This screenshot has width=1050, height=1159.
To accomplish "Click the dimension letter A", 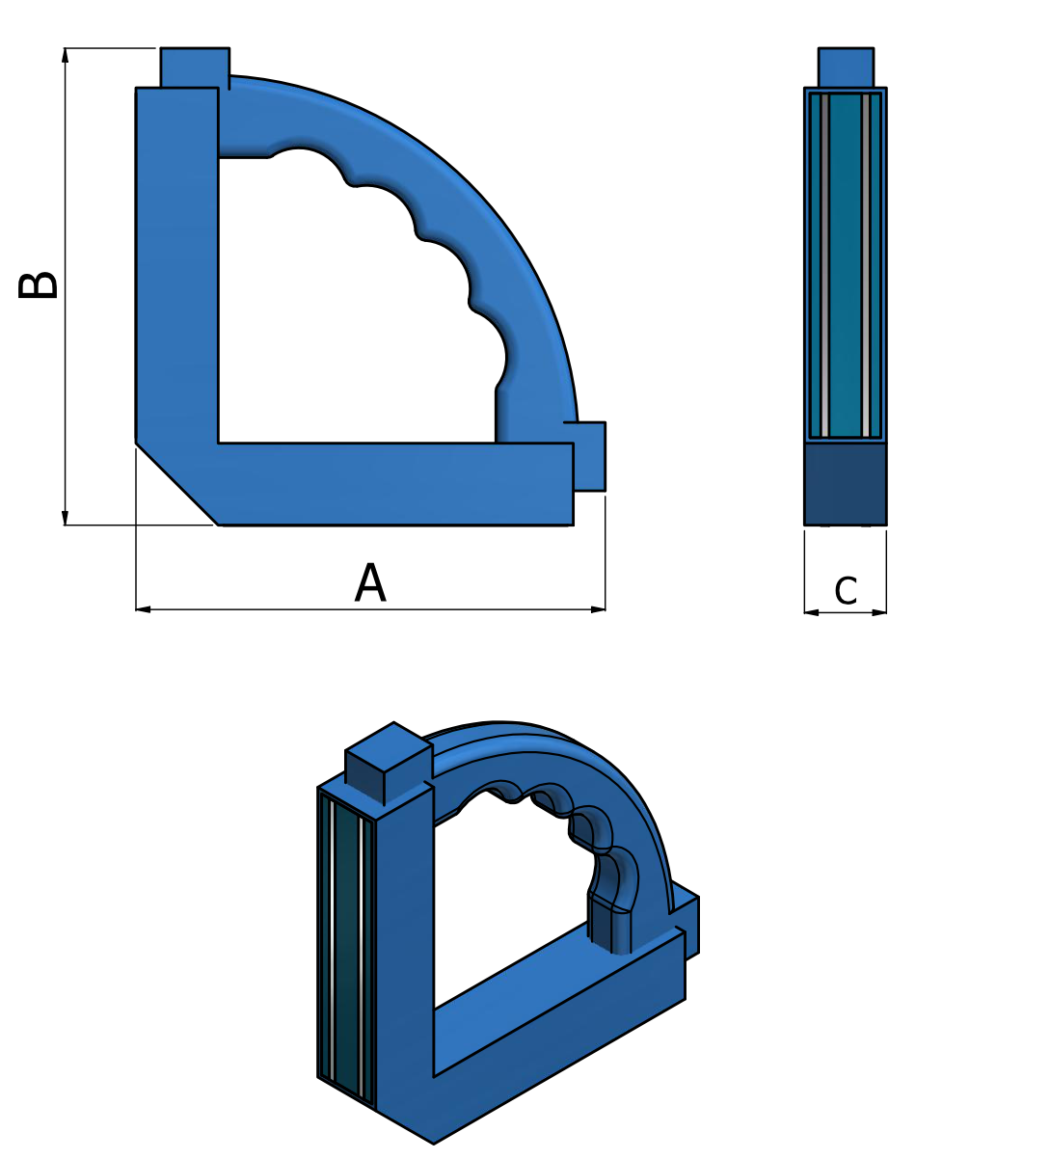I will (370, 584).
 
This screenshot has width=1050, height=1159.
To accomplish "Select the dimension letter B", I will (40, 285).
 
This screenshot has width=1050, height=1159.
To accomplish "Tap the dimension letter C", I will (846, 591).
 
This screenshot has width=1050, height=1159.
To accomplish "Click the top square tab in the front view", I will (195, 67).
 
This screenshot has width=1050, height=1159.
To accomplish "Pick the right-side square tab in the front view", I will (589, 457).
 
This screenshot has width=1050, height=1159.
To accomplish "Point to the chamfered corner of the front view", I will (175, 483).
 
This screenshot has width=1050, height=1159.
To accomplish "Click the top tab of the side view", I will (846, 67).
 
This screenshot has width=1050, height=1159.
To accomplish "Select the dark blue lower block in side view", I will (846, 483).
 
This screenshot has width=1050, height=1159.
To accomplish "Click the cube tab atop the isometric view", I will (388, 762).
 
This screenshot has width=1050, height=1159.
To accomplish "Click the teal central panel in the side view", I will (846, 265).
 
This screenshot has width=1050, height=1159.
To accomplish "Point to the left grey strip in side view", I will (825, 265).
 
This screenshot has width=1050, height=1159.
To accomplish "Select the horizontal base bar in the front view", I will (395, 484).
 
